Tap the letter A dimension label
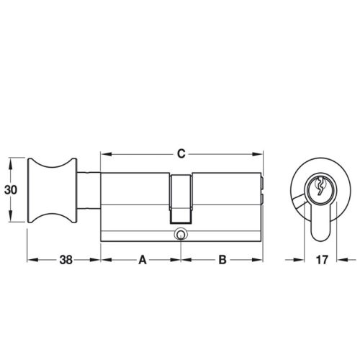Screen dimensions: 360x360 click(141, 260)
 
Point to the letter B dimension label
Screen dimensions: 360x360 click(222, 260)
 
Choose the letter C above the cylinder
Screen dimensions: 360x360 click(181, 153)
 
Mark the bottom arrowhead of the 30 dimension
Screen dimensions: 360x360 click(10, 222)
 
